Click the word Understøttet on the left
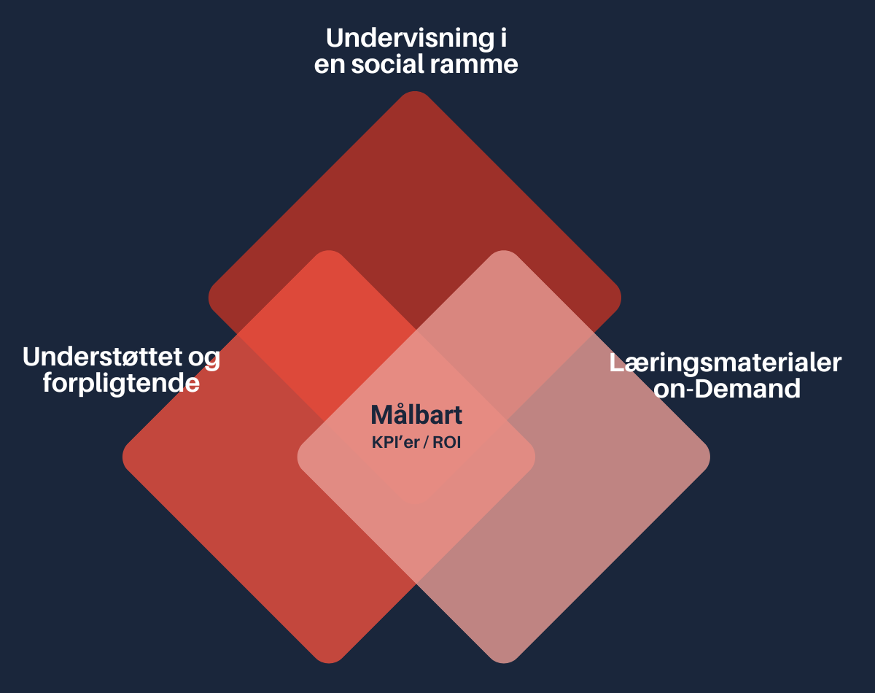pos(101,357)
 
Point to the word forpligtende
pos(121,383)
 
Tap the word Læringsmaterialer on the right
pos(726,363)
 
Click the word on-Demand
pos(727,389)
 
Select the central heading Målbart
pos(416,415)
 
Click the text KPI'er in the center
pos(395,442)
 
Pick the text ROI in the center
pos(446,442)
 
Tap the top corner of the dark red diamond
pos(415,95)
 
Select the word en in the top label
pos(329,64)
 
